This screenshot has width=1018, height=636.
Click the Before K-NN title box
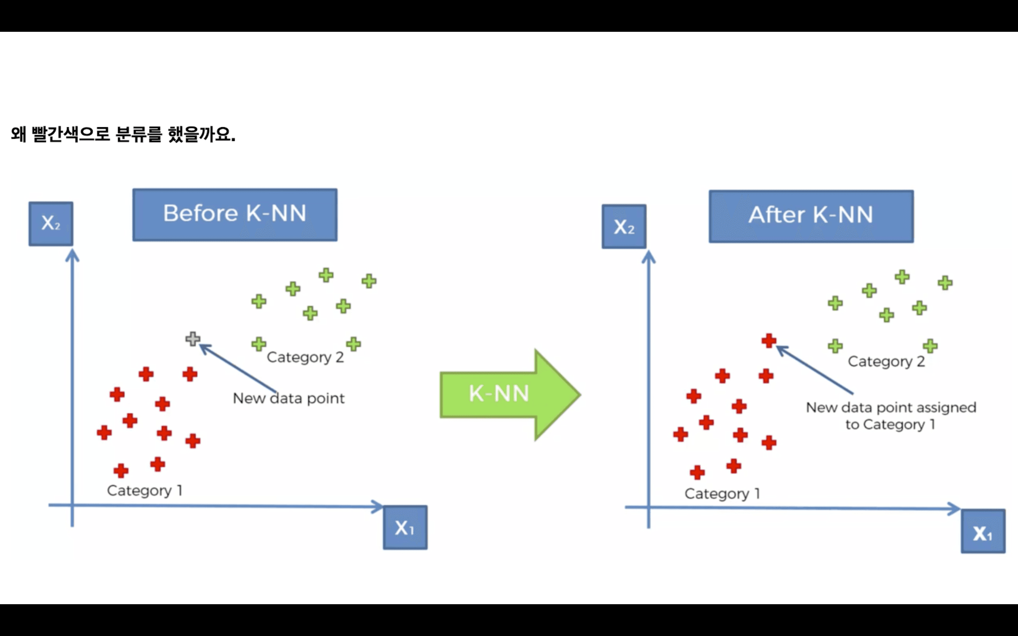tap(235, 214)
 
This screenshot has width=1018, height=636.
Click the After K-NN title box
tap(811, 216)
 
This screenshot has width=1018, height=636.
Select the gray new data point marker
tap(193, 338)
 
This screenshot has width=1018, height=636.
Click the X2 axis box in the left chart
tap(51, 223)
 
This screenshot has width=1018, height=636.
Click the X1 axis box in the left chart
tap(405, 528)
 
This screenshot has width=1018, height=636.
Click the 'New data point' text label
tap(288, 398)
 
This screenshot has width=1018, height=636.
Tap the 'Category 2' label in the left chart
tap(305, 358)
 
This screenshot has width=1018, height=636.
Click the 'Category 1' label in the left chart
tap(144, 490)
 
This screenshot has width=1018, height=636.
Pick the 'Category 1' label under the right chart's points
tap(722, 493)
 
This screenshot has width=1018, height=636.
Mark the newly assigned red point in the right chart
tap(768, 341)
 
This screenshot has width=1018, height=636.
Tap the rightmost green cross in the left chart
tap(369, 281)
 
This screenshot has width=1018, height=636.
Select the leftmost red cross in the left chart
tap(104, 432)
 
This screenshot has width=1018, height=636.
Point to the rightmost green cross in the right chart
tap(945, 283)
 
